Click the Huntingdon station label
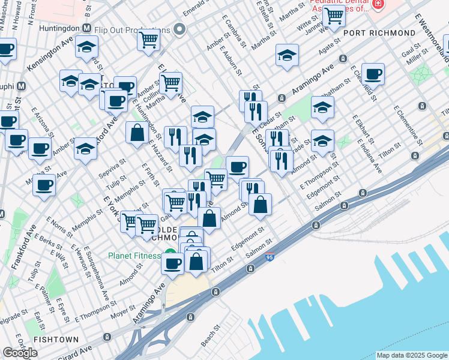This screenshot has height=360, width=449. click(60, 28)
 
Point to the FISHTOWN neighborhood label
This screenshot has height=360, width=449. click(56, 340)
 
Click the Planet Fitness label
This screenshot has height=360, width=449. click(134, 255)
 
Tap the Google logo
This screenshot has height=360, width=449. click(20, 352)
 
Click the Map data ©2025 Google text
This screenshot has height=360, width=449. click(412, 355)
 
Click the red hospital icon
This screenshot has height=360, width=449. click(378, 4)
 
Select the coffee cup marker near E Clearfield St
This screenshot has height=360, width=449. click(373, 74)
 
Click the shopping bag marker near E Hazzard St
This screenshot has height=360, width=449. click(137, 131)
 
